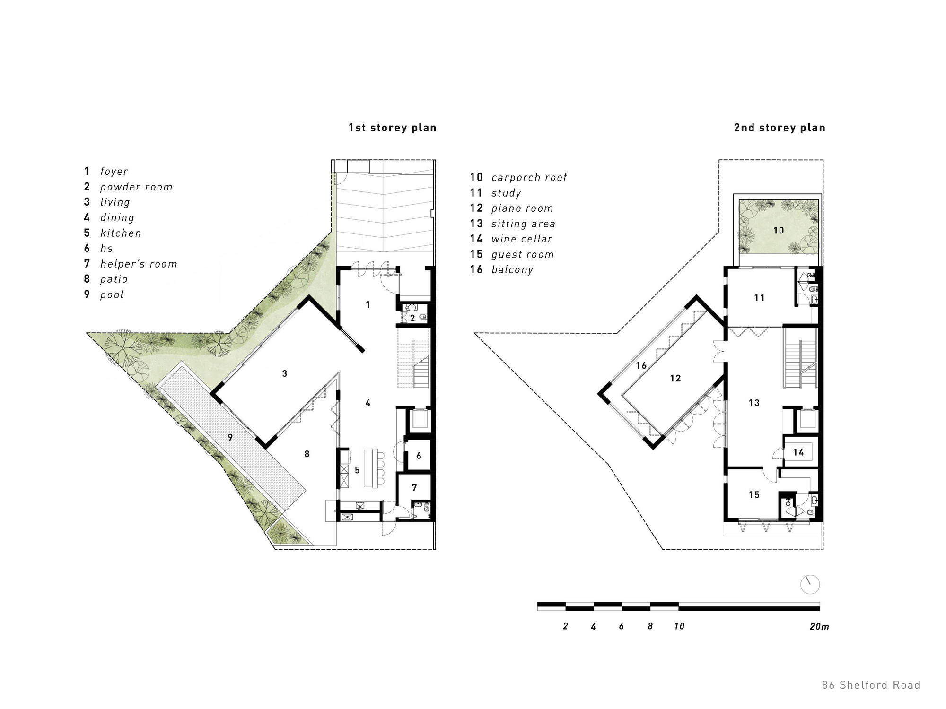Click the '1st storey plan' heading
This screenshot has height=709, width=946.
(x=392, y=128)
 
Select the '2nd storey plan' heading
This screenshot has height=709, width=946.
(x=779, y=128)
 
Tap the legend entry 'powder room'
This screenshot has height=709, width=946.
(x=136, y=187)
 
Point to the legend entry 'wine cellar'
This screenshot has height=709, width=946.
(x=521, y=239)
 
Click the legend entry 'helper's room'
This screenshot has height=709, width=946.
(x=138, y=264)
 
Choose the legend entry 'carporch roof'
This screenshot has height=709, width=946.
(x=529, y=178)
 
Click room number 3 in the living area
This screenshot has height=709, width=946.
(x=284, y=373)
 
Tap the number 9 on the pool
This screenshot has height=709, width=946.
(x=230, y=437)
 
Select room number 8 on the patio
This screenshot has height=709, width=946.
(x=307, y=454)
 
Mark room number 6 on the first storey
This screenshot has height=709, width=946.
(x=419, y=456)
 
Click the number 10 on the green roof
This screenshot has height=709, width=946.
(x=778, y=230)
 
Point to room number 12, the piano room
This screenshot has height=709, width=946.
(x=675, y=378)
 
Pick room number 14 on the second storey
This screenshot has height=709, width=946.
(x=798, y=452)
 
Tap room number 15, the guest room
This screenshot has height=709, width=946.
(x=753, y=494)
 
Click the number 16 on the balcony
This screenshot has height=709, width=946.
(x=641, y=365)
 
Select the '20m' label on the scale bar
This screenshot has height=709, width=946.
(x=819, y=626)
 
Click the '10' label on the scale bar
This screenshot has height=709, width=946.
(x=679, y=626)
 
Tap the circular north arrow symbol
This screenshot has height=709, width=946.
(x=809, y=585)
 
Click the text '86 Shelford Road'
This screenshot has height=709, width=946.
(x=870, y=685)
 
